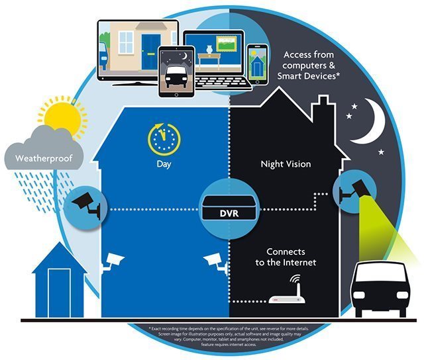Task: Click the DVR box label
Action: (229, 213)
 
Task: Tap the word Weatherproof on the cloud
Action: (44, 159)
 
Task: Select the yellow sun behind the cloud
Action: (64, 116)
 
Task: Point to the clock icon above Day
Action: (164, 140)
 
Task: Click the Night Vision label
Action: (286, 164)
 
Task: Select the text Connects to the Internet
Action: (286, 257)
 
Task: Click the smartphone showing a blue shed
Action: (258, 65)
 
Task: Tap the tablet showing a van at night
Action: (177, 71)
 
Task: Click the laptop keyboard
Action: (223, 83)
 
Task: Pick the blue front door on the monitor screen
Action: (151, 52)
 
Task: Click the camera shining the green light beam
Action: (356, 190)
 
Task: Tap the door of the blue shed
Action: (59, 292)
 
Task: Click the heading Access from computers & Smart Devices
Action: (308, 66)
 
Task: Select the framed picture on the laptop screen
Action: (227, 44)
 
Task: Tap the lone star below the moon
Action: (382, 152)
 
